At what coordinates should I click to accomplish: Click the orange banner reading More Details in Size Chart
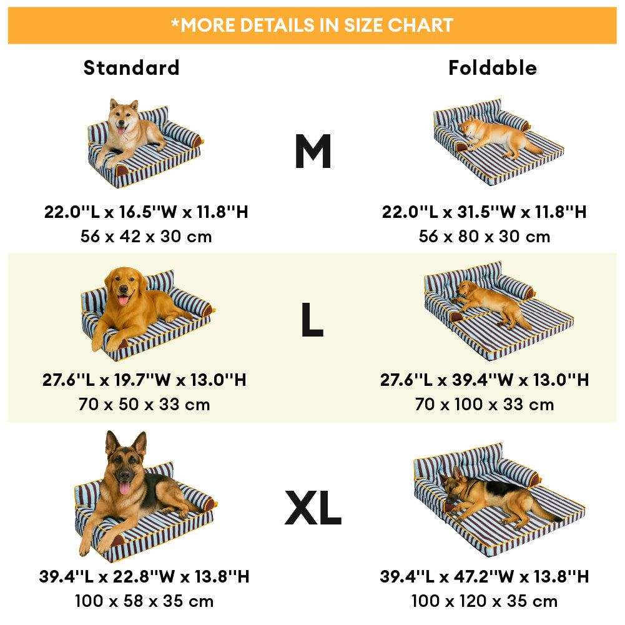(312, 25)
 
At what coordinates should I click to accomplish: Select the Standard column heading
(131, 67)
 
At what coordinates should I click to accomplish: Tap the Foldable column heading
(493, 67)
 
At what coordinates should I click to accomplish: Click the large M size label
(313, 152)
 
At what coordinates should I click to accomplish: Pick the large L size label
(312, 321)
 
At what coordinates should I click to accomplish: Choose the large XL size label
(313, 508)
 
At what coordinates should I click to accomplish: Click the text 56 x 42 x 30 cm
(146, 237)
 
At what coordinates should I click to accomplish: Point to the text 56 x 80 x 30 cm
(485, 237)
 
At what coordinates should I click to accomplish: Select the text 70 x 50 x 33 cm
(144, 405)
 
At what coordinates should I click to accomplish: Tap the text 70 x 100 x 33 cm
(485, 405)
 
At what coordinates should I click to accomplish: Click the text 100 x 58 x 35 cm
(144, 601)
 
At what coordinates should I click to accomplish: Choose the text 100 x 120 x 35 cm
(485, 601)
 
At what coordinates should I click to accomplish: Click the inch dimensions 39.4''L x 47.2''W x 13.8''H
(485, 576)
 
